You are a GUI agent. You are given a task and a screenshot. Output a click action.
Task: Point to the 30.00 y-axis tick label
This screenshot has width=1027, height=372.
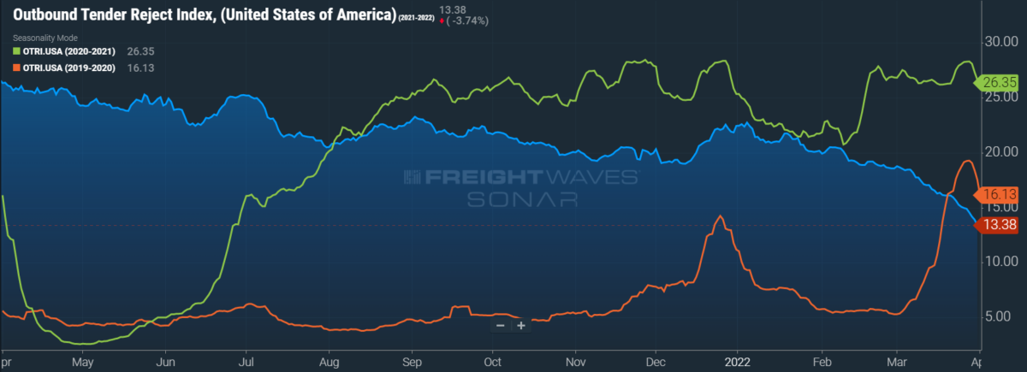[1000, 42]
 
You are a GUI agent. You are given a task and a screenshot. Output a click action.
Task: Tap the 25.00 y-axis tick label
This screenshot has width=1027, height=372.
[1000, 97]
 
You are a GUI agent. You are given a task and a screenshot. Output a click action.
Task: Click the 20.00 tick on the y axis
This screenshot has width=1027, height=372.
[1000, 151]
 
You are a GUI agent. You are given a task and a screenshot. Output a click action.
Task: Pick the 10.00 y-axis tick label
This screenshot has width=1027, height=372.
[1000, 261]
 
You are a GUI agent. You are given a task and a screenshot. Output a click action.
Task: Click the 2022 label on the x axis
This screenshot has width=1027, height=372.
[738, 361]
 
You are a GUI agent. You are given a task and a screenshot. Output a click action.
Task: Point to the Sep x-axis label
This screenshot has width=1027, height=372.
[411, 361]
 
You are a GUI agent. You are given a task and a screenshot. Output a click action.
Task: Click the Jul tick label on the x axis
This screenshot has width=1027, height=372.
[246, 361]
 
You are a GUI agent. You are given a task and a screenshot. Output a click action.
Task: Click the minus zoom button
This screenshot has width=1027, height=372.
[501, 326]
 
